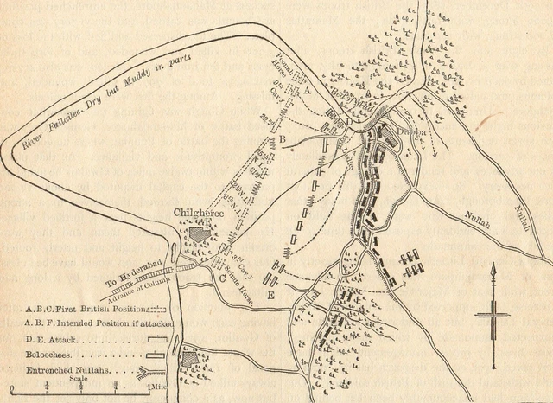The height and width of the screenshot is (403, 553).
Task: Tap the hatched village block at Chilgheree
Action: (200, 232)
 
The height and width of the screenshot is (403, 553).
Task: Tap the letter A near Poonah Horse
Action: (307, 89)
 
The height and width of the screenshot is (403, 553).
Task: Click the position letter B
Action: (282, 139)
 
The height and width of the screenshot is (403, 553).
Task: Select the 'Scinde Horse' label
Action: (245, 267)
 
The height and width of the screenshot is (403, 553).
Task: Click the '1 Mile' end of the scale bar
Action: (158, 386)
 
